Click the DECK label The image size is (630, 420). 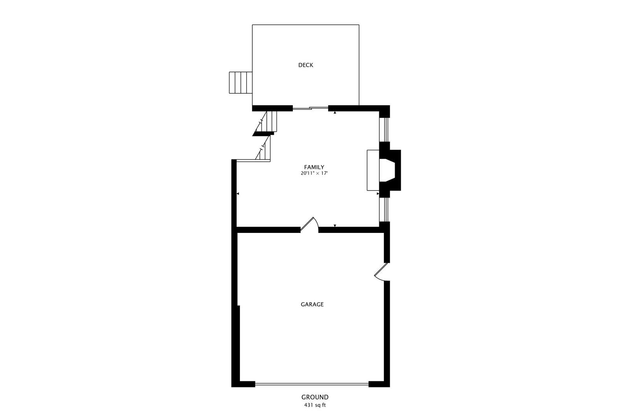[x=305, y=65]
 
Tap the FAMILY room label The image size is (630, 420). [x=314, y=167]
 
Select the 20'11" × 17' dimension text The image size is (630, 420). [x=314, y=173]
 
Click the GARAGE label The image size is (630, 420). [x=312, y=304]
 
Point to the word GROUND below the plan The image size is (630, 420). [x=315, y=397]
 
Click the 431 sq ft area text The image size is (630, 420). [x=315, y=405]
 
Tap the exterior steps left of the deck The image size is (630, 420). [x=241, y=82]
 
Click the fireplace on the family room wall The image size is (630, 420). [x=390, y=170]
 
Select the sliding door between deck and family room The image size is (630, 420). [x=310, y=108]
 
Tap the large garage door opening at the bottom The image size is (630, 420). [x=312, y=384]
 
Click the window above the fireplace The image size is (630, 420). [x=385, y=129]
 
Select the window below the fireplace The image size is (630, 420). [x=385, y=210]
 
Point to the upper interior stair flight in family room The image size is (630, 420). [x=269, y=122]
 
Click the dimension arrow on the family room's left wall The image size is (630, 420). [x=238, y=193]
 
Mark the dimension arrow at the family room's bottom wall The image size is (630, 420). [x=335, y=226]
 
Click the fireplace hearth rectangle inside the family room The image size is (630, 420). [x=373, y=170]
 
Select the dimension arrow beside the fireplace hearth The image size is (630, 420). [x=378, y=193]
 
